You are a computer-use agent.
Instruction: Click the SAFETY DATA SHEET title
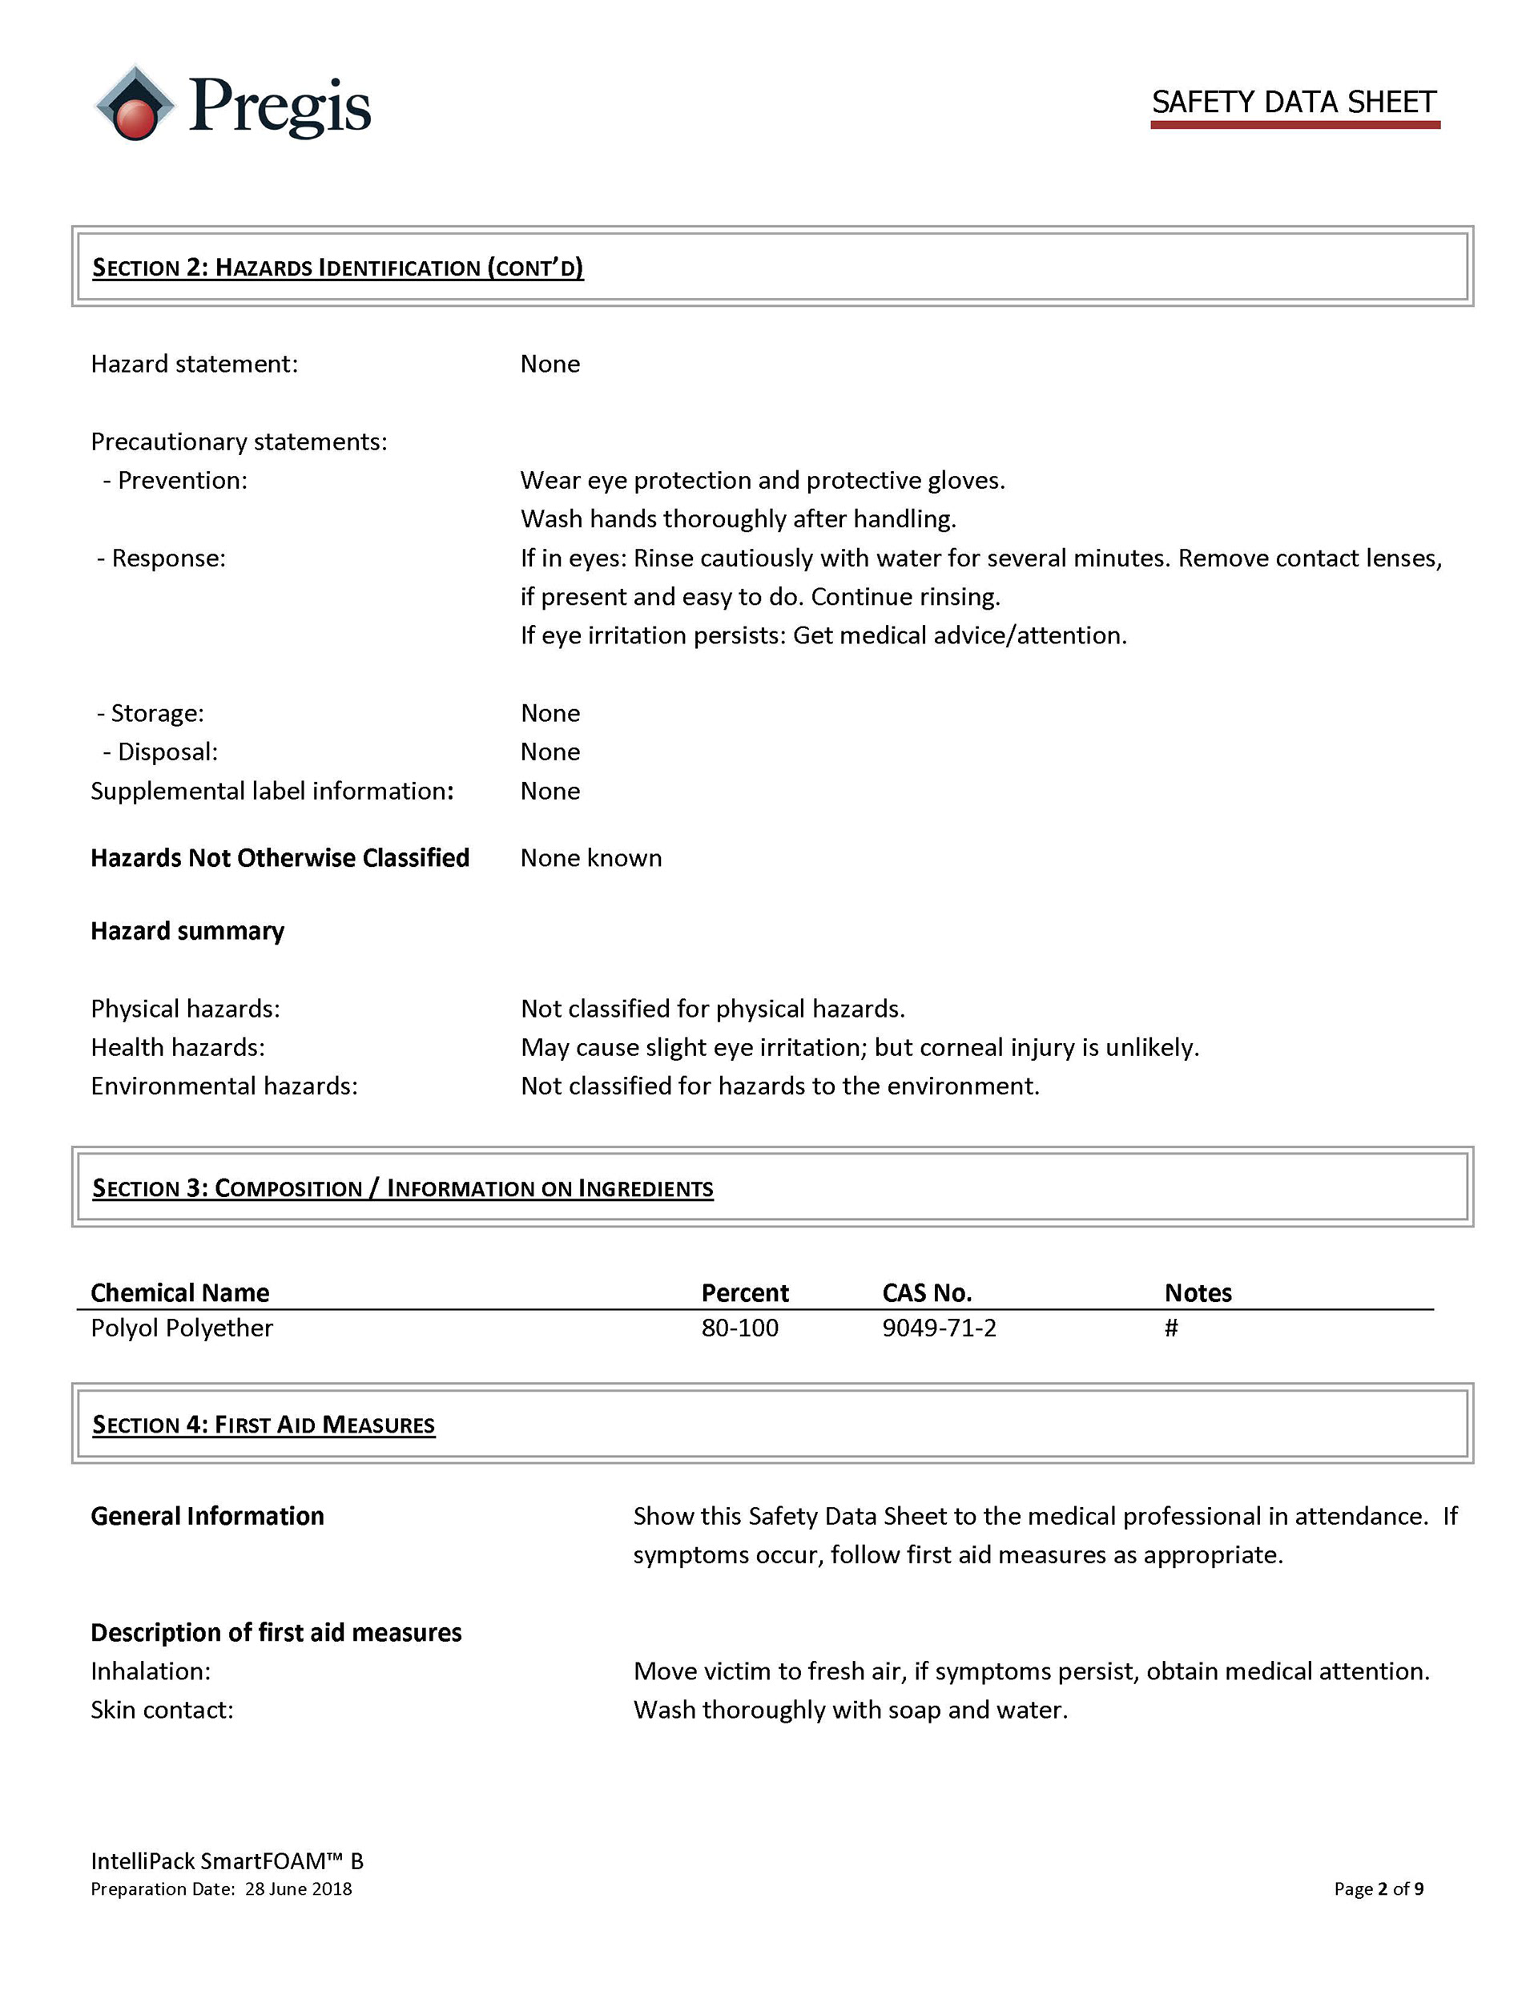(x=1293, y=102)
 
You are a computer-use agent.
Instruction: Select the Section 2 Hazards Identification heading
(x=337, y=267)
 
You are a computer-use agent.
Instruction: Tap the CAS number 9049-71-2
(x=939, y=1328)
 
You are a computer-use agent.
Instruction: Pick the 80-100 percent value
(x=739, y=1328)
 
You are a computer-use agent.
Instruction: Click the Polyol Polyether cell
(x=181, y=1328)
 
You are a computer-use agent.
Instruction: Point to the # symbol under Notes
(x=1170, y=1328)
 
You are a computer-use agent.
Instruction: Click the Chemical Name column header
(x=179, y=1292)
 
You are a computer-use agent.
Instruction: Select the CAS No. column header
(x=926, y=1292)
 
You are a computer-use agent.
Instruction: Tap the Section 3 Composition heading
(x=402, y=1188)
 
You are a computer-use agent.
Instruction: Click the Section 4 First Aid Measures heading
(x=264, y=1424)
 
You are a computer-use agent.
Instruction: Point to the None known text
(x=590, y=858)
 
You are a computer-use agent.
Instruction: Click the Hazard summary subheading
(x=187, y=931)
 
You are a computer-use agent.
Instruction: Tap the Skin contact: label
(x=161, y=1709)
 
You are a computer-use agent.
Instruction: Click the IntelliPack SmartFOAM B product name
(x=226, y=1860)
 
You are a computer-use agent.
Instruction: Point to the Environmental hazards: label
(x=223, y=1086)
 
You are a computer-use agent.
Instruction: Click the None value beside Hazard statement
(x=550, y=364)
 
